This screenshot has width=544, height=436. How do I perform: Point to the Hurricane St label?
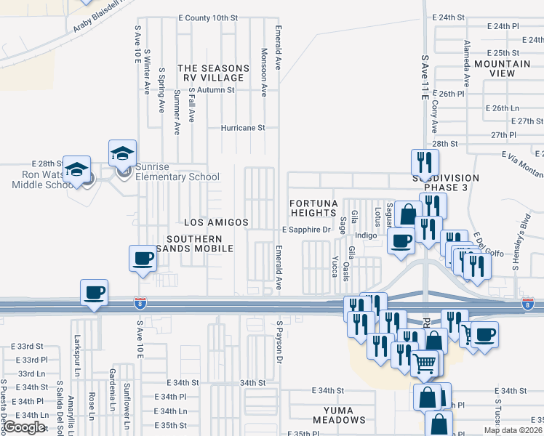pyautogui.click(x=244, y=127)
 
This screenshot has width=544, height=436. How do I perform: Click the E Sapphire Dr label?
pyautogui.click(x=306, y=230)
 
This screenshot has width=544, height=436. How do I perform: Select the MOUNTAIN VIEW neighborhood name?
pyautogui.click(x=504, y=68)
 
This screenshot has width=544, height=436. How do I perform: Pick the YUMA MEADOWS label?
pyautogui.click(x=339, y=414)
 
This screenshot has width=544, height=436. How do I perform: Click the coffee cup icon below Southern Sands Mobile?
pyautogui.click(x=143, y=259)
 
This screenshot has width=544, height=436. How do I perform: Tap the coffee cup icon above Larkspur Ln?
pyautogui.click(x=94, y=294)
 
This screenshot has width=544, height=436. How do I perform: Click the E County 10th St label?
pyautogui.click(x=208, y=17)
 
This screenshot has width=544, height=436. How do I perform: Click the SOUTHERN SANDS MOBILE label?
pyautogui.click(x=199, y=243)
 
